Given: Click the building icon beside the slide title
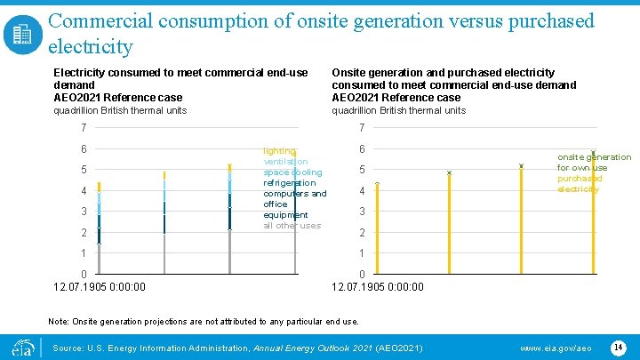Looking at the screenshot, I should coord(22,35).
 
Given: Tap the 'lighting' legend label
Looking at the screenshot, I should coord(278,151).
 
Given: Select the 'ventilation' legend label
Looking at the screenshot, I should coord(285,162).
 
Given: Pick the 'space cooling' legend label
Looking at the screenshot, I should coord(292,172).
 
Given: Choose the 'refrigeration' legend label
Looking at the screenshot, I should coord(289,183).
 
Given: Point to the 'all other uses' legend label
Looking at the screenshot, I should coord(292,226).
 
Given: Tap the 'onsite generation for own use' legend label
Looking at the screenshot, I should coord(594,163).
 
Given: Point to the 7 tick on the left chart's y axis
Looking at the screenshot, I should coord(84,128).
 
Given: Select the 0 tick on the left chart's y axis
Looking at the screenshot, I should coord(84,274).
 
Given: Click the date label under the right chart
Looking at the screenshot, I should coord(378,286).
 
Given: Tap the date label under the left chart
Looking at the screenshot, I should coord(100,286).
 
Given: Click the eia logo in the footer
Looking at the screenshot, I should coord(21,346).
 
